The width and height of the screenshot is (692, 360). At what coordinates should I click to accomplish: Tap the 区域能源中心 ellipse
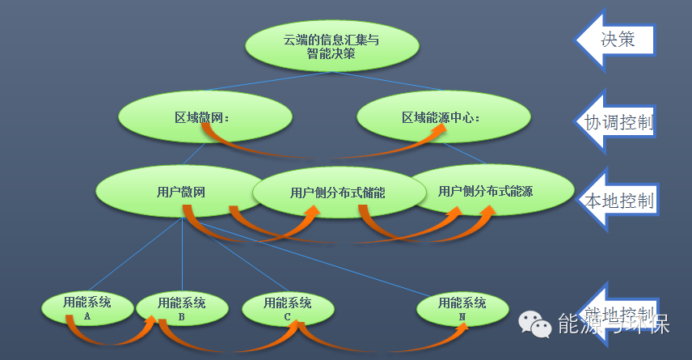442,118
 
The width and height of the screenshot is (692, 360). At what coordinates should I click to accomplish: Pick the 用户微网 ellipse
178,192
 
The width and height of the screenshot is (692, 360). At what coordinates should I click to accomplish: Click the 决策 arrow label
618,38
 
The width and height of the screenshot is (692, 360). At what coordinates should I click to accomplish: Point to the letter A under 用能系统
87,316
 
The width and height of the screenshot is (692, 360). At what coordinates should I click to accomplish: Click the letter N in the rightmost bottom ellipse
462,317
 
